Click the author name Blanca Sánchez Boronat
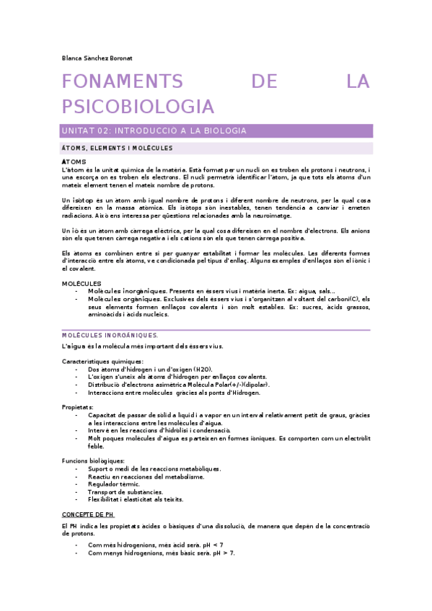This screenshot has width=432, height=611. click(x=97, y=58)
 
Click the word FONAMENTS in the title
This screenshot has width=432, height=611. click(x=123, y=82)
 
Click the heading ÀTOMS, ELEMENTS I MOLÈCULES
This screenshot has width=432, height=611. click(x=118, y=148)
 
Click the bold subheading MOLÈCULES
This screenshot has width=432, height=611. click(x=81, y=283)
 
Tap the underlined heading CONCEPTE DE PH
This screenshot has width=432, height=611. click(x=88, y=515)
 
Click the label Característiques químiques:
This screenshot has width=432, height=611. click(x=103, y=361)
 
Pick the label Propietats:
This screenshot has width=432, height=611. click(x=78, y=407)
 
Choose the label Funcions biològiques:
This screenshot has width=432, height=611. click(x=93, y=460)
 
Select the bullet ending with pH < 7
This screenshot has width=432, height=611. click(x=155, y=545)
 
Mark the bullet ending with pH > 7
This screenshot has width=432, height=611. click(x=161, y=553)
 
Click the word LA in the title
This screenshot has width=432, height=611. click(x=358, y=82)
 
